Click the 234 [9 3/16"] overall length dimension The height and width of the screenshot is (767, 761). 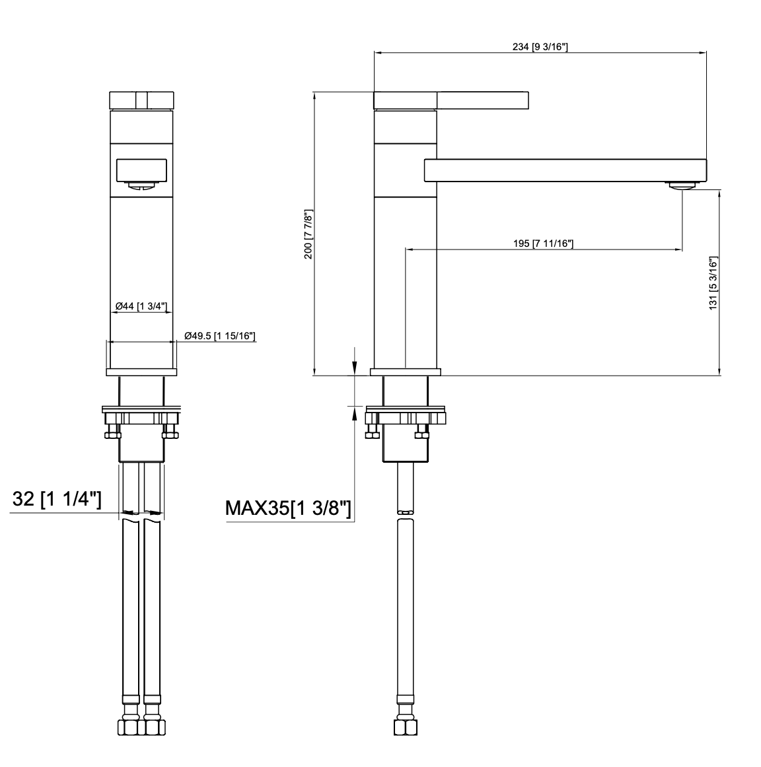click(540, 46)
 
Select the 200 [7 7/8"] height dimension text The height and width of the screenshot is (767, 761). click(307, 234)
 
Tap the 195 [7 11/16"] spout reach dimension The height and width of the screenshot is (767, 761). click(542, 244)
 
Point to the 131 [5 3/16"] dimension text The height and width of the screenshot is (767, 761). click(713, 283)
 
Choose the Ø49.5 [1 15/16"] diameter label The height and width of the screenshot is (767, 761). click(220, 336)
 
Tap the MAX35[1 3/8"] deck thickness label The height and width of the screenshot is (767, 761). click(288, 508)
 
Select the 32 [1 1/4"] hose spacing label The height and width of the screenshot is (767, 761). click(57, 500)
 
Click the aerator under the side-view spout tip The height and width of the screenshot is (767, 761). click(681, 186)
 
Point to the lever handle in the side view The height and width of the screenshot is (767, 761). click(482, 100)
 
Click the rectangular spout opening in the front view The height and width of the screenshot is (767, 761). click(141, 170)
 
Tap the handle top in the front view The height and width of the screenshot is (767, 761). click(141, 100)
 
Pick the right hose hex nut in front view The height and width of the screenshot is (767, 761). click(153, 726)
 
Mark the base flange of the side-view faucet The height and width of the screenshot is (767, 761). click(405, 372)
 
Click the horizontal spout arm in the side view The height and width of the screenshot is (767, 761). click(565, 170)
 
